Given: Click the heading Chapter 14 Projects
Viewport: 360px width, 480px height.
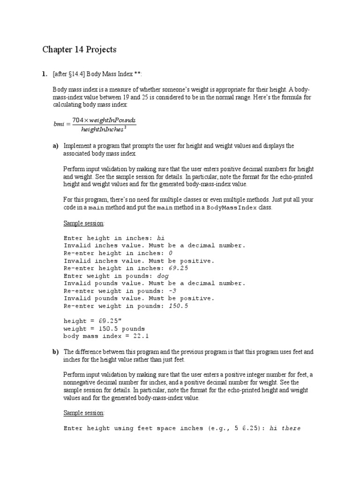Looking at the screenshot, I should [x=79, y=50].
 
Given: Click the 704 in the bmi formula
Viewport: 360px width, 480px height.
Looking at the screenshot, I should [x=78, y=120].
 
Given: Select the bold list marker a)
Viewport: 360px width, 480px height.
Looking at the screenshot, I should [x=55, y=146].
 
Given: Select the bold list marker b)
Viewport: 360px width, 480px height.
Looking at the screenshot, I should [x=55, y=352].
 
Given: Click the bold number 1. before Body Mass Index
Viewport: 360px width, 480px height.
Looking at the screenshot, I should [x=45, y=74].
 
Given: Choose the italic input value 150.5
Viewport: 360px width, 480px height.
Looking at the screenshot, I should [x=180, y=306].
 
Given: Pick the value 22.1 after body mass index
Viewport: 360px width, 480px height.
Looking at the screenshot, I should [x=142, y=336].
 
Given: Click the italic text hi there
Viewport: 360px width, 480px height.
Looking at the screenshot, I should [x=285, y=428].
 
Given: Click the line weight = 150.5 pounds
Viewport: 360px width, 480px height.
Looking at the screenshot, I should [x=104, y=328].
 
